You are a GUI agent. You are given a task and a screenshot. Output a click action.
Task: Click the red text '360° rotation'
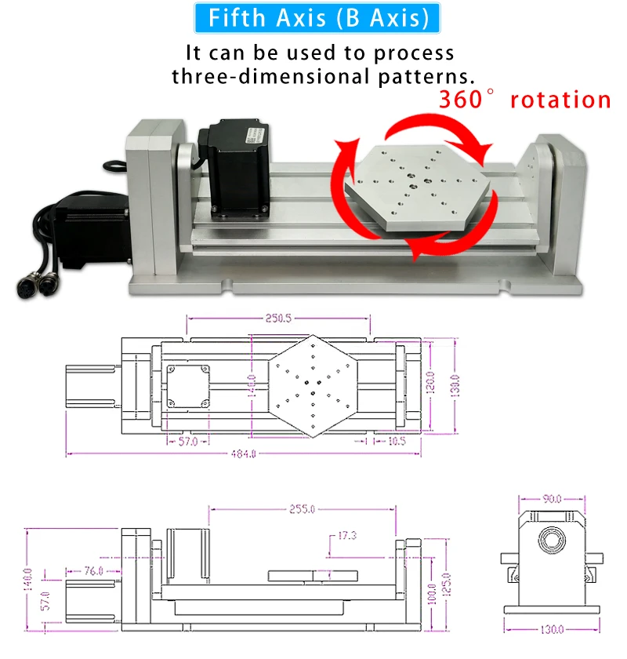(524, 100)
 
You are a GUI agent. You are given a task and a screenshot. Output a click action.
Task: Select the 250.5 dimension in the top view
(278, 319)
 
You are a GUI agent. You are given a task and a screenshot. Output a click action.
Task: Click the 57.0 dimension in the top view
(188, 442)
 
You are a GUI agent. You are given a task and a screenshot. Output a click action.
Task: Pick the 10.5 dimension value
(397, 442)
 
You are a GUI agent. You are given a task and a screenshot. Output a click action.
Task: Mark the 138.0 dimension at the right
(455, 385)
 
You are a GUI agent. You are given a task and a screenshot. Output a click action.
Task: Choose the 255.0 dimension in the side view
(302, 509)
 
